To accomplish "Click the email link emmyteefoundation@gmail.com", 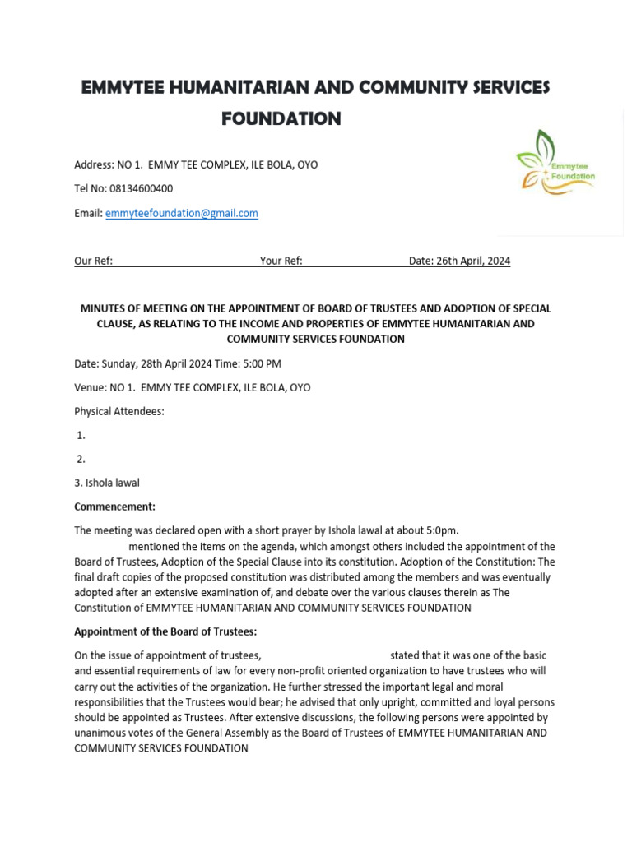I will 182,213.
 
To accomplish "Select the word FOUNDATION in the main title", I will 281,119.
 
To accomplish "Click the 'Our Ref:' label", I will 93,261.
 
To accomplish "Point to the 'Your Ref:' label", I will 281,261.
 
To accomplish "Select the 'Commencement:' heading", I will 114,507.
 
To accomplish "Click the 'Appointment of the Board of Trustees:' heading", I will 165,631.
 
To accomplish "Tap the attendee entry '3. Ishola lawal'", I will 107,483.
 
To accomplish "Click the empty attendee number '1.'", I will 81,435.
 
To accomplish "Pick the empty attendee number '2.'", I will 81,459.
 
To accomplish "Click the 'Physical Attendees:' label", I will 119,411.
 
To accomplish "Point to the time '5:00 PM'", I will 263,363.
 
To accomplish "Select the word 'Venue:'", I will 90,387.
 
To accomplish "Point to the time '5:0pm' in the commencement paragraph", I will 441,530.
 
